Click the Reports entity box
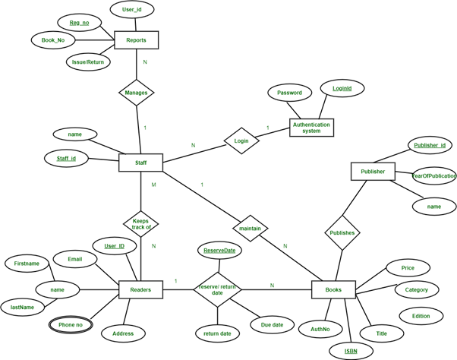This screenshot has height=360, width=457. tap(136, 40)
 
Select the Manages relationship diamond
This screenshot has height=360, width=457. tap(137, 93)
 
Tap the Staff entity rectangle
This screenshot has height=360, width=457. tap(142, 162)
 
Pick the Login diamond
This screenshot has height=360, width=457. tap(241, 141)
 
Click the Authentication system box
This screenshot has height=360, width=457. tap(311, 127)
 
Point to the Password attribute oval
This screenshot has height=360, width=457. tap(289, 93)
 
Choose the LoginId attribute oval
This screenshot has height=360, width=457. tap(342, 89)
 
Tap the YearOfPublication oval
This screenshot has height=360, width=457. tap(433, 176)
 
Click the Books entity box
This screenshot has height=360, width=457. tap(333, 289)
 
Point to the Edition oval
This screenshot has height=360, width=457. tap(420, 315)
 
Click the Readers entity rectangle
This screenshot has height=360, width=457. tap(140, 289)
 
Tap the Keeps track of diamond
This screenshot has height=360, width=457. tap(140, 223)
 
